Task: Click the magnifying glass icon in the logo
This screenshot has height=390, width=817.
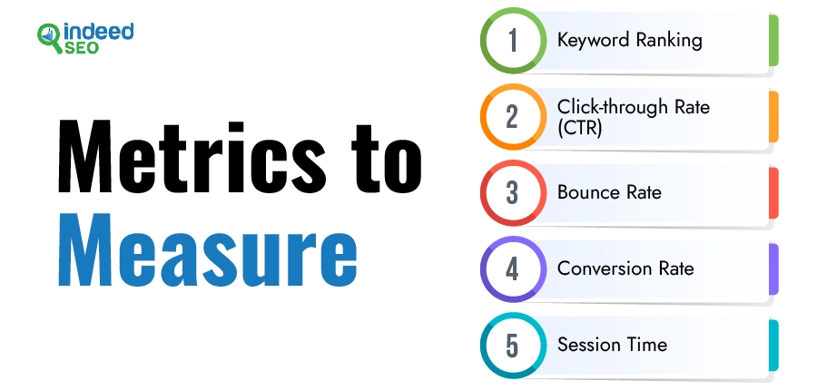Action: point(49,37)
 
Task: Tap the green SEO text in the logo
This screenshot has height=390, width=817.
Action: point(83,48)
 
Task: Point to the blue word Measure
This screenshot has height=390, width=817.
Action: point(207,250)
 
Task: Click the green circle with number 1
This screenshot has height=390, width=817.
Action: point(513,40)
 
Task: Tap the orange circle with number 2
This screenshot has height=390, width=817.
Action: point(513,117)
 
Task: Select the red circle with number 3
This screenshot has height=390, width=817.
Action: point(513,192)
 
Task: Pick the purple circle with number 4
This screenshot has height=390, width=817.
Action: point(513,269)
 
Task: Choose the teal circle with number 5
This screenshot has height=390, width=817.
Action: point(513,346)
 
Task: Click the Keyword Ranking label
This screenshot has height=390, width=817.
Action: point(629,41)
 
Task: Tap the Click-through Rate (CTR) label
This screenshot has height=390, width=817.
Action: point(634,117)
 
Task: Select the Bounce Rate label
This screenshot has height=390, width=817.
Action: point(609,192)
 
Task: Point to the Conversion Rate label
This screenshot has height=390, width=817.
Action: point(625,268)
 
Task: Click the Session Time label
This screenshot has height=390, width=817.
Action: point(612,345)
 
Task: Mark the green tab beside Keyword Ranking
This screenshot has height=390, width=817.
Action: point(773,41)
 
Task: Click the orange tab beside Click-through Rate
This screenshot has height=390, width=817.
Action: point(773,117)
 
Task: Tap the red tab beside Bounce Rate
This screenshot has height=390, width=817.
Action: point(773,192)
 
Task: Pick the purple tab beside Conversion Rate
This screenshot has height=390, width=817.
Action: point(773,269)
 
